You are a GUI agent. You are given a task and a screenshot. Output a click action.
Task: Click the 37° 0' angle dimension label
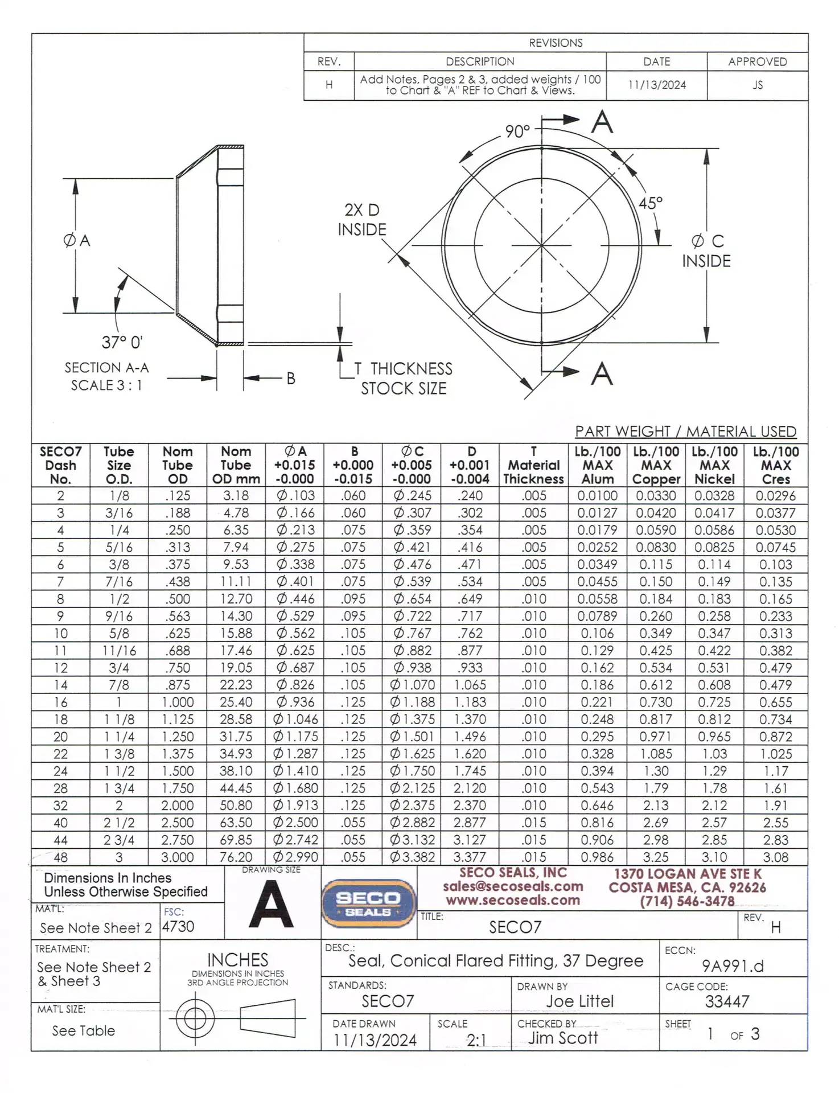click(x=122, y=342)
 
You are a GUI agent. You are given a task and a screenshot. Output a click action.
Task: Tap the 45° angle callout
click(x=650, y=203)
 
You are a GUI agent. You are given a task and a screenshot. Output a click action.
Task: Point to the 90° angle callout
click(x=517, y=132)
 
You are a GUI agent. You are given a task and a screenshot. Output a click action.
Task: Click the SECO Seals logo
click(x=368, y=904)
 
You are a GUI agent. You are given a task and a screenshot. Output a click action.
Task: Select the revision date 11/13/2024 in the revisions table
click(x=657, y=85)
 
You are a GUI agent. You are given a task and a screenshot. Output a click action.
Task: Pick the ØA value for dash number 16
click(x=295, y=702)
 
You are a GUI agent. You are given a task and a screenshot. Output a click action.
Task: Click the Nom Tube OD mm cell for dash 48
click(x=236, y=857)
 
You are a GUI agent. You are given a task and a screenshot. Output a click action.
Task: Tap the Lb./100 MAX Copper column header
click(x=656, y=465)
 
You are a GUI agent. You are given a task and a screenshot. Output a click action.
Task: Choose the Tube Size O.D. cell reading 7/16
click(x=119, y=581)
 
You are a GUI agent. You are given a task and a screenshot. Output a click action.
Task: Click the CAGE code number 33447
click(x=727, y=1001)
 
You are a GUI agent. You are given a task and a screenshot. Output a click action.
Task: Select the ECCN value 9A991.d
click(x=733, y=966)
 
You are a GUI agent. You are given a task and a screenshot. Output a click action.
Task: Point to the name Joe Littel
click(x=579, y=1001)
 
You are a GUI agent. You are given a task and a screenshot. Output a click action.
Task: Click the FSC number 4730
click(x=178, y=927)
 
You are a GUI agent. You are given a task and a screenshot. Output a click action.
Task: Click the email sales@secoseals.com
click(x=513, y=886)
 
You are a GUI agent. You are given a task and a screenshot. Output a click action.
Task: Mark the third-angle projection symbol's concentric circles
click(x=195, y=1018)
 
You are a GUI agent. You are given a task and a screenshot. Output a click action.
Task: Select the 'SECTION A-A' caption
click(x=106, y=368)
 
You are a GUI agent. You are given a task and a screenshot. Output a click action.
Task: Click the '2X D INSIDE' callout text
click(x=362, y=220)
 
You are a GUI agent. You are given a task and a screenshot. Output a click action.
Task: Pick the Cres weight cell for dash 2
click(x=775, y=496)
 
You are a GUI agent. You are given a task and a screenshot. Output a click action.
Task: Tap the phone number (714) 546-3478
click(x=687, y=901)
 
